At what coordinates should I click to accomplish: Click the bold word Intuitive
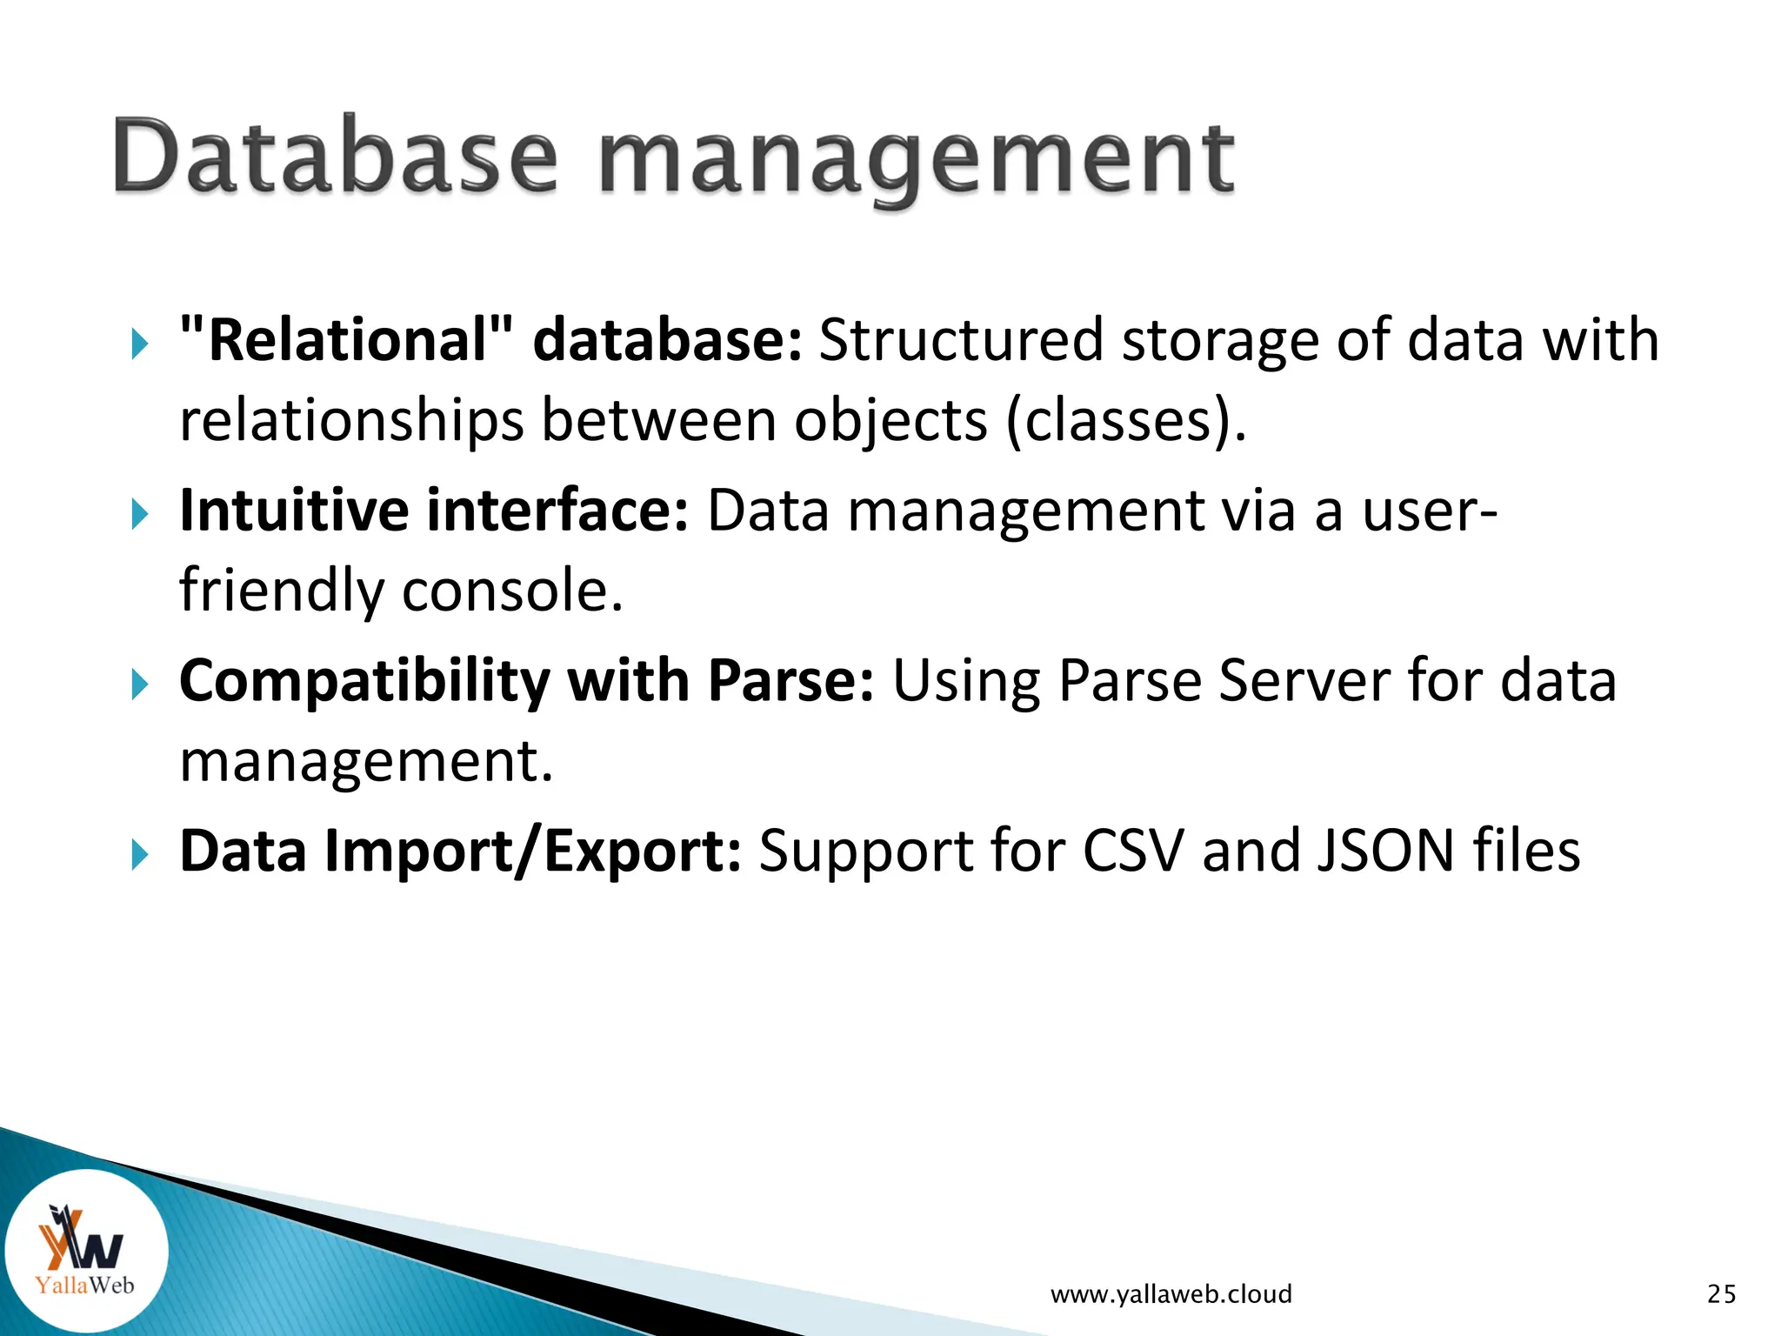(294, 510)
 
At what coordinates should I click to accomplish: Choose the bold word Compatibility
(364, 681)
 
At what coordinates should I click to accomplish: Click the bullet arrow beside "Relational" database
(140, 344)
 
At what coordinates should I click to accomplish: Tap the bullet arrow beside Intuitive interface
(140, 514)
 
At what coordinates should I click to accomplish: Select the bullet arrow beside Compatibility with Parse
(140, 685)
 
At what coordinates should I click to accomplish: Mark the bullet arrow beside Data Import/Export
(140, 855)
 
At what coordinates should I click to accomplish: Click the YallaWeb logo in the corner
(85, 1251)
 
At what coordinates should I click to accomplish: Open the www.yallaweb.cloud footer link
(1171, 1294)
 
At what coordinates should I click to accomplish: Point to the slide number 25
(1721, 1294)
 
